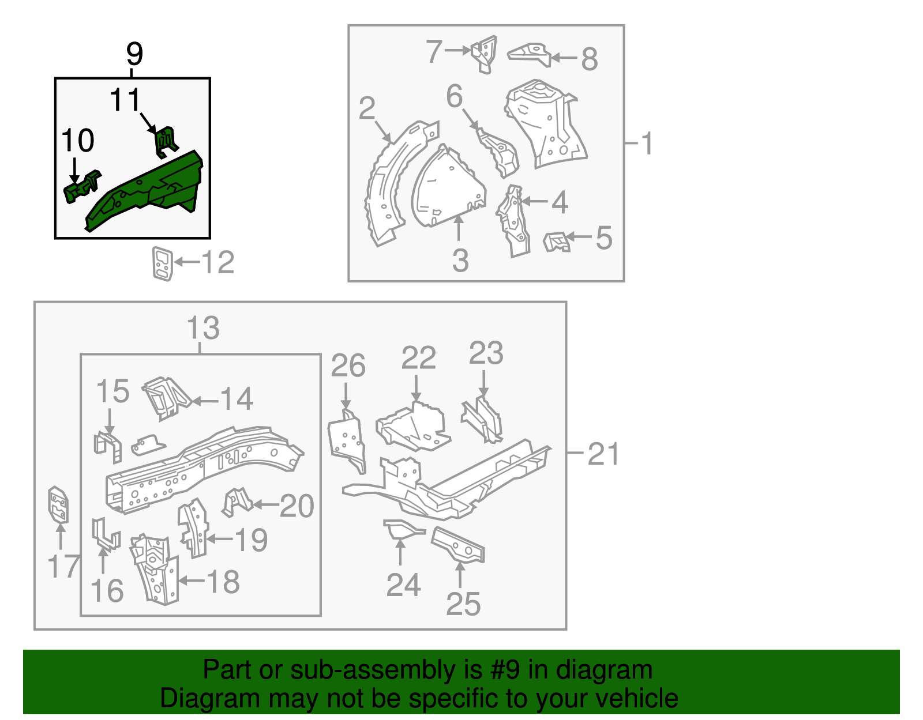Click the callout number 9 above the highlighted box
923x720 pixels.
(x=134, y=54)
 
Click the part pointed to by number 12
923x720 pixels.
(x=163, y=263)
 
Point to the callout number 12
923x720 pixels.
(x=218, y=262)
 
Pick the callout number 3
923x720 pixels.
(x=460, y=261)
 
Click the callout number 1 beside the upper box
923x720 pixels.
(x=647, y=143)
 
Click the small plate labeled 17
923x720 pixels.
(x=58, y=505)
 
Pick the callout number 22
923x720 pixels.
(x=418, y=359)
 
